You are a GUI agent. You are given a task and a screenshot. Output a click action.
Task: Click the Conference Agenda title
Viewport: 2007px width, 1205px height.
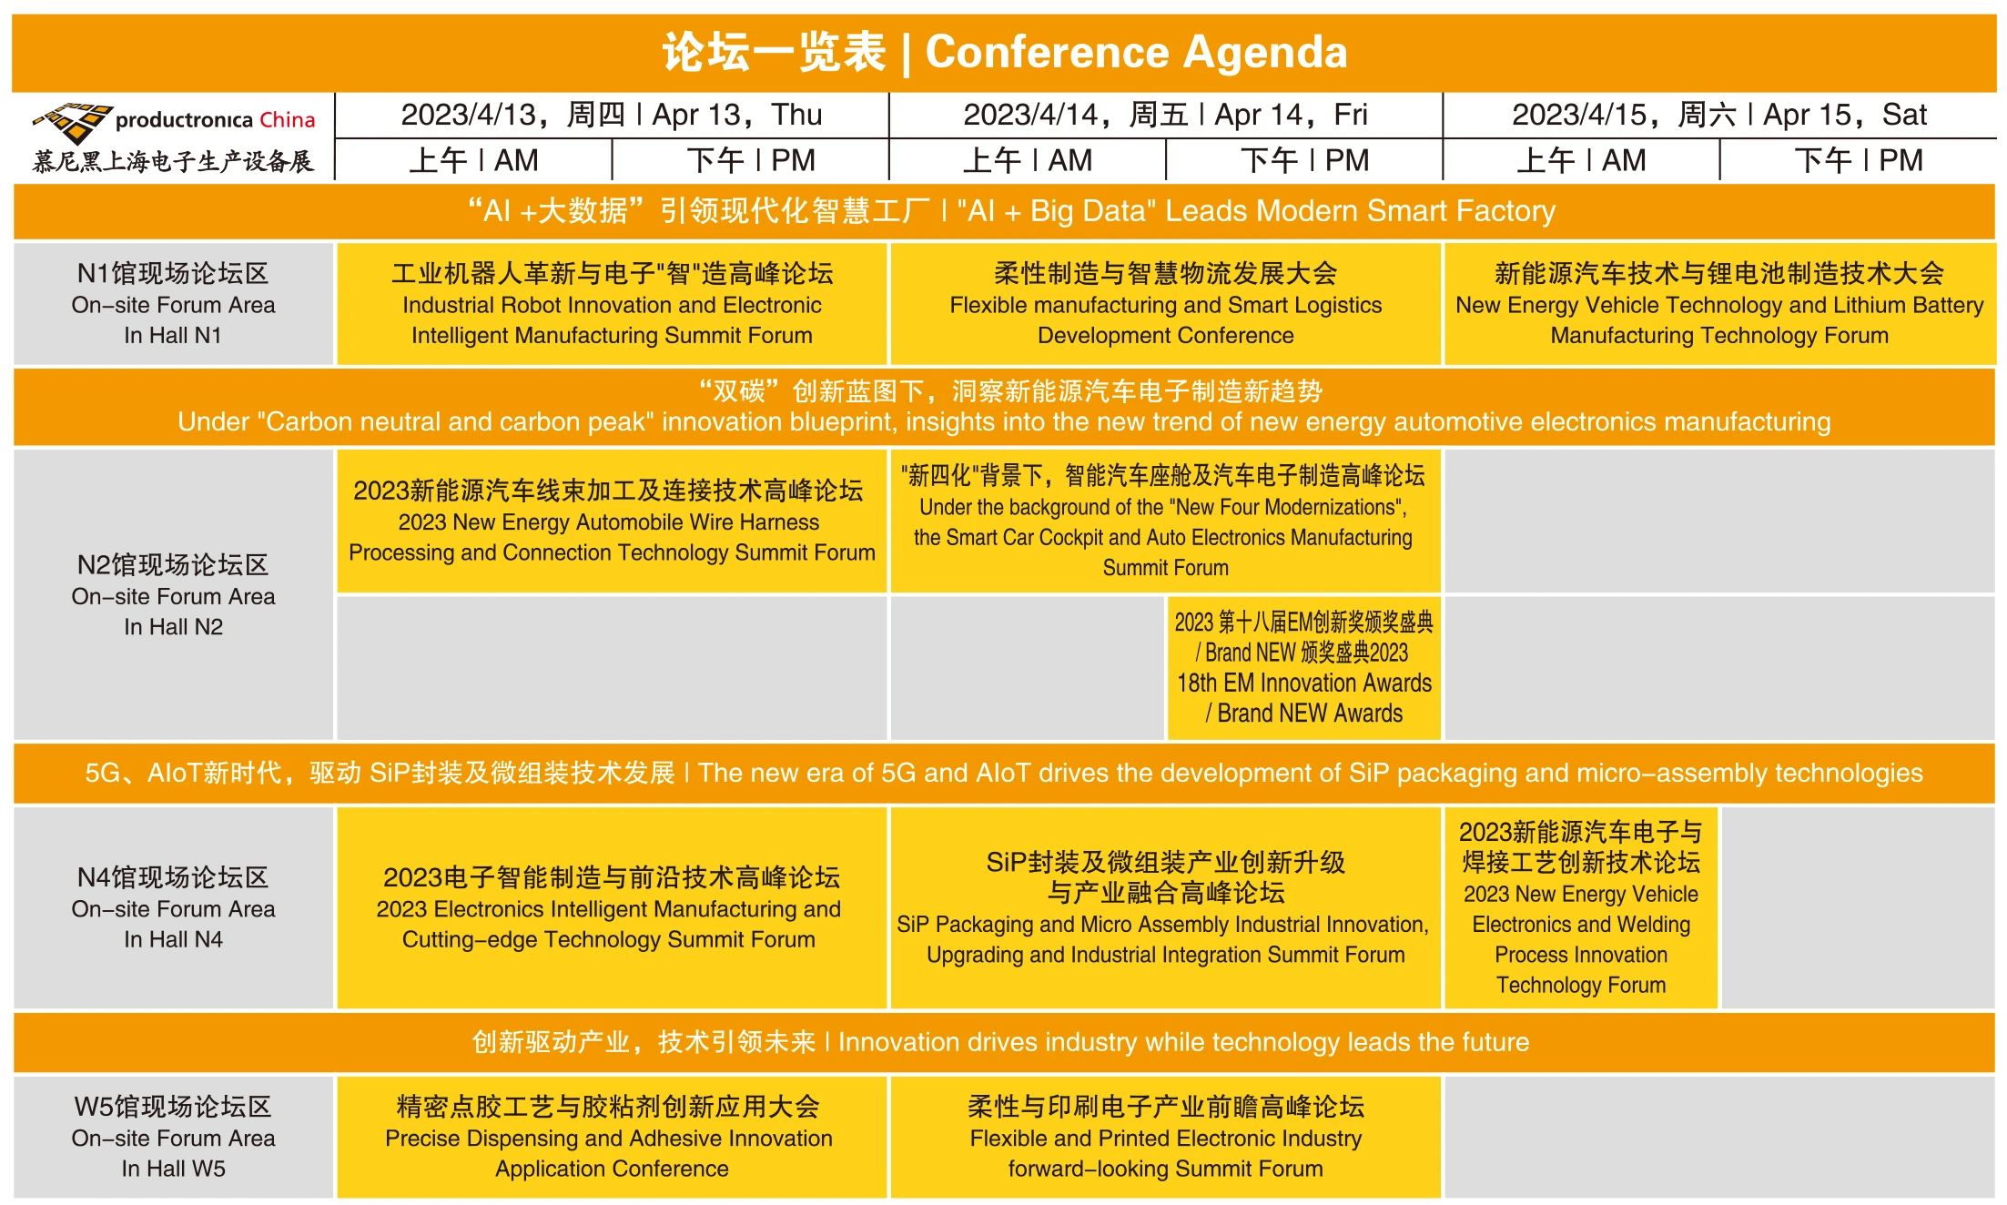click(1004, 52)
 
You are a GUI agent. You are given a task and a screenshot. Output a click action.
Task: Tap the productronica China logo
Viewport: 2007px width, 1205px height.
click(173, 137)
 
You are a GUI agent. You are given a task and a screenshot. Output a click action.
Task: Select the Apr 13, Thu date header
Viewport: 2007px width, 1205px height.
click(612, 115)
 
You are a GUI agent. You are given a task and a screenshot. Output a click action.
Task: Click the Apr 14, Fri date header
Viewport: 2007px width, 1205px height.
click(1165, 115)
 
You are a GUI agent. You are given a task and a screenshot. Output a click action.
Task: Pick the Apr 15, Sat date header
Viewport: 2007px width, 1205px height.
click(1719, 115)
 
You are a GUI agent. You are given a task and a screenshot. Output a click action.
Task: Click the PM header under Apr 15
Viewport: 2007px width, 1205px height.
click(1859, 160)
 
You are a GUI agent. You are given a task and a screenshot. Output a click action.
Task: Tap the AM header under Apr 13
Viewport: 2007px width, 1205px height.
click(473, 160)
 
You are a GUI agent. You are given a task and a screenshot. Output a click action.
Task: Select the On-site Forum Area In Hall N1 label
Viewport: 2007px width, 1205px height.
click(173, 304)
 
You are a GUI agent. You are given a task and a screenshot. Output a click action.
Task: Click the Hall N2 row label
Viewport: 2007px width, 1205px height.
click(173, 594)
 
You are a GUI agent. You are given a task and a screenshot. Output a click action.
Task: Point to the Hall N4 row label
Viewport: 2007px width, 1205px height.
click(173, 907)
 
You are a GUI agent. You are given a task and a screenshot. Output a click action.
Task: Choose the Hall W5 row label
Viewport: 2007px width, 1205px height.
click(173, 1137)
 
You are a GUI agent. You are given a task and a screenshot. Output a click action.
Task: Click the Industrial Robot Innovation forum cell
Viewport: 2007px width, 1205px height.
click(612, 304)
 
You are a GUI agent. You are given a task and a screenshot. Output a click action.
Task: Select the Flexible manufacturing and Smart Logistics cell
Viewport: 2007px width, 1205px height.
click(1165, 304)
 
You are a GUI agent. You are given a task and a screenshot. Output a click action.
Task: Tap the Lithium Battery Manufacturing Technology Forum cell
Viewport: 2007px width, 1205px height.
click(1719, 304)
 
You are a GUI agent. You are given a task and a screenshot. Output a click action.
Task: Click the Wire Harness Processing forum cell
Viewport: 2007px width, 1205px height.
click(612, 521)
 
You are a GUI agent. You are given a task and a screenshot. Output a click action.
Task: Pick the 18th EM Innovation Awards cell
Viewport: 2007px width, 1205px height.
click(1303, 667)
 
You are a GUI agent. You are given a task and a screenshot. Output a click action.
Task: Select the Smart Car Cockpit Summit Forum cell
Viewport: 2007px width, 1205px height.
click(1165, 521)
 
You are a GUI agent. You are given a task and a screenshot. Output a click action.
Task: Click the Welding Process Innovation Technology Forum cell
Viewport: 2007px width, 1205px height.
click(1581, 907)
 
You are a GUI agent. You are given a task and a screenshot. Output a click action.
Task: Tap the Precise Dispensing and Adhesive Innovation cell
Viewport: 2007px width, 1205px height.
click(612, 1137)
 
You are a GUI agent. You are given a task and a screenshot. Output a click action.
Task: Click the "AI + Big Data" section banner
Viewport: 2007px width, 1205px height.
click(1004, 211)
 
